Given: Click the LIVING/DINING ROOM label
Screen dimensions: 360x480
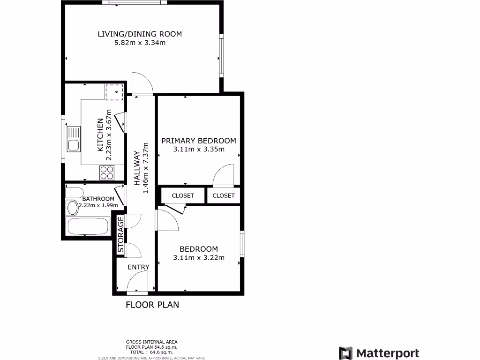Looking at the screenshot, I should tap(140, 34).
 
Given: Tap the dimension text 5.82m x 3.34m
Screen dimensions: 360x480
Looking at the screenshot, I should tap(140, 43).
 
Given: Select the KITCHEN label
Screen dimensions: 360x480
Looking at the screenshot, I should tap(100, 135).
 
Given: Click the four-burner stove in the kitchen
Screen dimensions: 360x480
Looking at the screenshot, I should tap(107, 172).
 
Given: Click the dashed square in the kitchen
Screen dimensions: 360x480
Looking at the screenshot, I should tap(114, 92).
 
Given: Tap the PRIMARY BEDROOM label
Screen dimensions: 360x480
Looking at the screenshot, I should tap(199, 141).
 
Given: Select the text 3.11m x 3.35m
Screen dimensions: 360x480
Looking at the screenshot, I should tap(199, 150).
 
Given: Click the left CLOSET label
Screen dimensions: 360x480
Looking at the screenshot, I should tap(183, 195).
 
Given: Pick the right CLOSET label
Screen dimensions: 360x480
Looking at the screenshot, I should tap(224, 195).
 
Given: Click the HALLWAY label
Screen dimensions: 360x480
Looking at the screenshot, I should tap(137, 168).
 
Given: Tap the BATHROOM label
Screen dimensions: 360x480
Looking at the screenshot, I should tap(98, 199).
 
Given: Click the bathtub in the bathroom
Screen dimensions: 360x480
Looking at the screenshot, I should tap(89, 227).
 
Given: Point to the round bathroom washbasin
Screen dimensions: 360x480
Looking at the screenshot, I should tap(73, 207).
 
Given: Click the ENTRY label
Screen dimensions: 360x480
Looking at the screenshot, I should tap(138, 267).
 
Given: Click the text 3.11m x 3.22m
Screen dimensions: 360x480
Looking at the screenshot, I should tap(199, 257).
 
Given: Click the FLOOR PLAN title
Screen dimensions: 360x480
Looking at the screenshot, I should tap(152, 305).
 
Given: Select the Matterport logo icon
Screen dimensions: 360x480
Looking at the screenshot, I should tap(345, 353).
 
